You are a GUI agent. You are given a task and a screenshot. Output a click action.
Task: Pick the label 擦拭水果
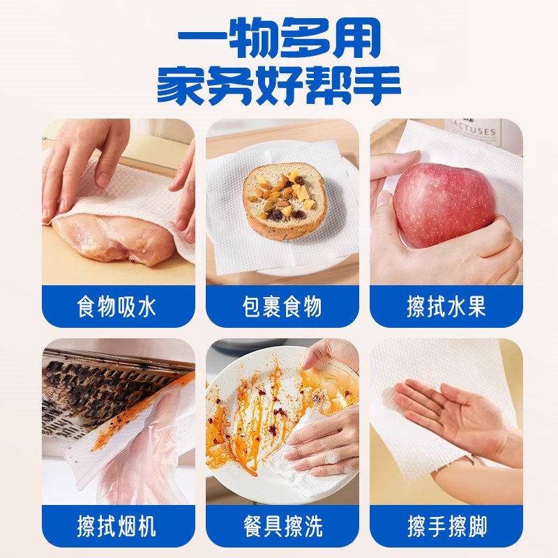pyautogui.click(x=446, y=307)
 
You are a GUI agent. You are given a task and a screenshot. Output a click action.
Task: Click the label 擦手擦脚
pyautogui.click(x=446, y=525)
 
